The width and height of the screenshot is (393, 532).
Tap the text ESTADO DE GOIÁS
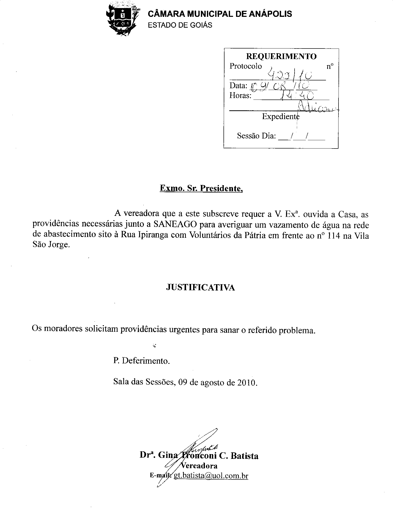[180, 25]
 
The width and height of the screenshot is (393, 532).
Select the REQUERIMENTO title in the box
[281, 56]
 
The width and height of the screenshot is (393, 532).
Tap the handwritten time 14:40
[297, 95]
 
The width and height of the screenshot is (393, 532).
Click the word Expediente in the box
[280, 117]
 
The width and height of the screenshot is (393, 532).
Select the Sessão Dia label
[256, 136]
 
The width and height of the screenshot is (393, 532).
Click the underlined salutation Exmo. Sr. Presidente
[201, 188]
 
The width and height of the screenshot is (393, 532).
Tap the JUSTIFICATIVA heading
[200, 287]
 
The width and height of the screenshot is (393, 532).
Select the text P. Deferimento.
[142, 361]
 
